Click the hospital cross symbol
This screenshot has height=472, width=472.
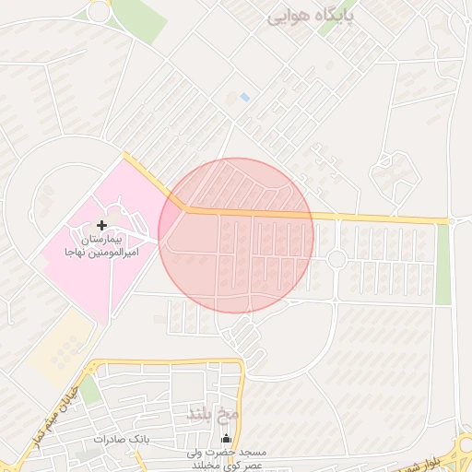[101, 225]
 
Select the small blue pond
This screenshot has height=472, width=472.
[244, 97]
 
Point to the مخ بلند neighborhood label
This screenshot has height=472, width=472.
[213, 413]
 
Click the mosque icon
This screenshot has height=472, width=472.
[227, 439]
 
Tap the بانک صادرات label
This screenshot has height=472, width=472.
[122, 439]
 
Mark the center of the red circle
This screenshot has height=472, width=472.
[236, 235]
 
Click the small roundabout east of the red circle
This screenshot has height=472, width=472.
[336, 259]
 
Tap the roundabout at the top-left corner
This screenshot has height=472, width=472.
[98, 11]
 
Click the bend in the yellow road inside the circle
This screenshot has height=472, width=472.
[183, 208]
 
